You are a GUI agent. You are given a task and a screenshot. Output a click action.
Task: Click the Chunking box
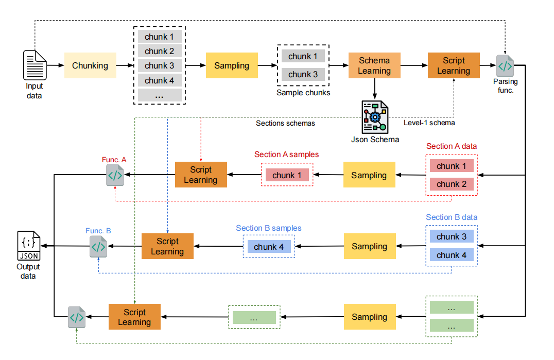90,65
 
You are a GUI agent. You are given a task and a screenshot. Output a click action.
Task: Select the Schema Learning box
374,65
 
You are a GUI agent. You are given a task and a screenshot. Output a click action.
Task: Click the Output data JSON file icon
28,247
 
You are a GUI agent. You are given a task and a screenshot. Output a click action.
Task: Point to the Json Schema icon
374,117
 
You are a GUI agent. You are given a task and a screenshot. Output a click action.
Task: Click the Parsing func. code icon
505,66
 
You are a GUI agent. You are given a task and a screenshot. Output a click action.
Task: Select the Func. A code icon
115,176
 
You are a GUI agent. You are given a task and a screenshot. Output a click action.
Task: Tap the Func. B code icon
98,247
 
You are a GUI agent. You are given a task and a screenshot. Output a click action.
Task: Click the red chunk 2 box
452,184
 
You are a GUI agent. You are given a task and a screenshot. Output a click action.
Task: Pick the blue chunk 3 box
452,237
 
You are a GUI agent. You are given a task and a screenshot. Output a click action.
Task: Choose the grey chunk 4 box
159,80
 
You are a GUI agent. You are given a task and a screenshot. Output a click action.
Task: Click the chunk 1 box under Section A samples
287,175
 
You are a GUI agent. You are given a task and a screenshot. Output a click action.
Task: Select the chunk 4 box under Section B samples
269,247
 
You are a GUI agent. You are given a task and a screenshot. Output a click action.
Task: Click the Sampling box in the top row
232,65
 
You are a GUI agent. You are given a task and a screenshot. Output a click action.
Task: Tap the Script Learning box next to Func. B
167,247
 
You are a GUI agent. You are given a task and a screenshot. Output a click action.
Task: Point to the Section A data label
452,146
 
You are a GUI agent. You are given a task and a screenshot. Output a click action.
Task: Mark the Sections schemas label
285,123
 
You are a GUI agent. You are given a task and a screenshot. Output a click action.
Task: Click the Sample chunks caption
303,93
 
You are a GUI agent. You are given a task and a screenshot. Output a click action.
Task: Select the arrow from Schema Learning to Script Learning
413,66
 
